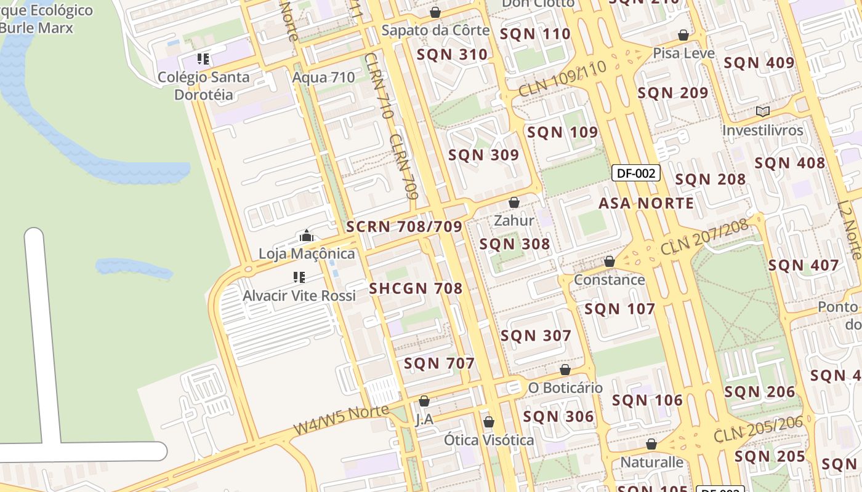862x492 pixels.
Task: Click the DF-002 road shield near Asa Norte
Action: [636, 173]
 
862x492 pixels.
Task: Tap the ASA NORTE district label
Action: [646, 203]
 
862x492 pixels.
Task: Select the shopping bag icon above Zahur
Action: [514, 202]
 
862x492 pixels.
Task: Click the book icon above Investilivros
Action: [763, 111]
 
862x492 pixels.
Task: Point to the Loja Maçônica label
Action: [307, 253]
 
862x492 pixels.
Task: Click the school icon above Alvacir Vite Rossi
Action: [299, 277]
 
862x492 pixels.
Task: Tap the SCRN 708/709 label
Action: [404, 226]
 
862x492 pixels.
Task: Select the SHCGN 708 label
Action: [416, 288]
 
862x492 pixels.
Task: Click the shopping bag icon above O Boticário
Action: [565, 370]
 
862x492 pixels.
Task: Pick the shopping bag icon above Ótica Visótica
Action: [489, 422]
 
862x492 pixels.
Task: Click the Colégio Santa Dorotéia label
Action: [204, 85]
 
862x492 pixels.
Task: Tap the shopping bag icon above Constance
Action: [610, 261]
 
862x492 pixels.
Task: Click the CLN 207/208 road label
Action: [704, 237]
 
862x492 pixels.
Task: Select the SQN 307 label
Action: [536, 336]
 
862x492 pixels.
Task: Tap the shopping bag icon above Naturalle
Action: [651, 444]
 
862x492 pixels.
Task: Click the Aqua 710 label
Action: [323, 77]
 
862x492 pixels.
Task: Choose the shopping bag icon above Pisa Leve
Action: [683, 35]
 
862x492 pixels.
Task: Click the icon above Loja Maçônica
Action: [306, 236]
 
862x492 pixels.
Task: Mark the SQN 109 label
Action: [562, 132]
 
